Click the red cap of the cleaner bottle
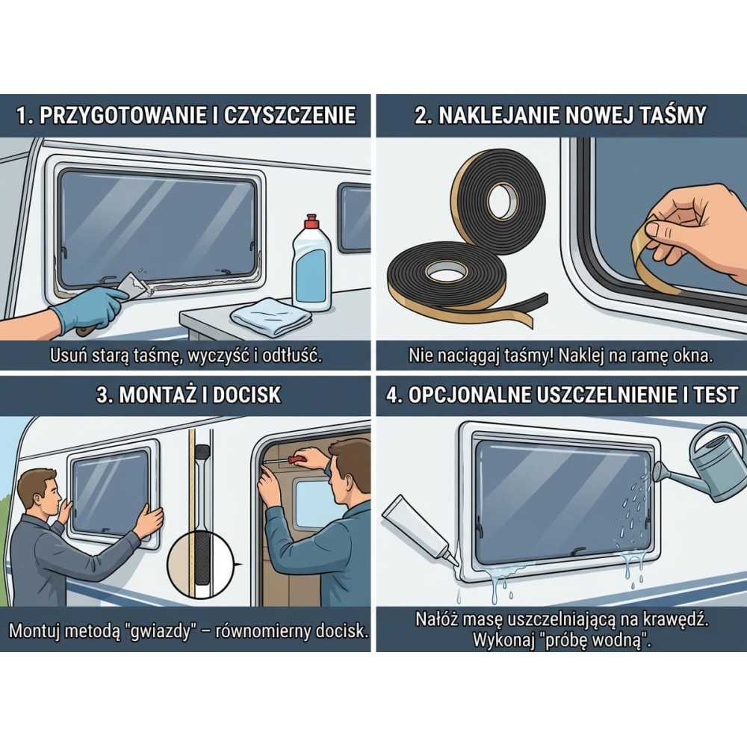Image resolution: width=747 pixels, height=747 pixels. [x=311, y=223]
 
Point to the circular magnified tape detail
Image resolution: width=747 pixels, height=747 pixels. [x=202, y=564]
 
